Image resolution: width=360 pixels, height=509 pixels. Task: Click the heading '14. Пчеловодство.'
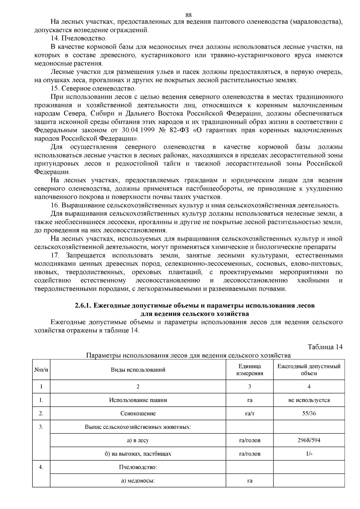[x=79, y=38]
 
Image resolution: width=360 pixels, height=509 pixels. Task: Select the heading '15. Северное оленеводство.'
[x=93, y=89]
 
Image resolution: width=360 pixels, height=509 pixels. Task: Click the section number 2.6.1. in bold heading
[x=83, y=306]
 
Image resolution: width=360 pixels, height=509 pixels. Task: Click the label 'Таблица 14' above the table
[x=325, y=347]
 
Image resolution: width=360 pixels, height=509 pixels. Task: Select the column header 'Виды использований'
[x=138, y=370]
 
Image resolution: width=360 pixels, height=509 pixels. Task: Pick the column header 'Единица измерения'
[x=250, y=370]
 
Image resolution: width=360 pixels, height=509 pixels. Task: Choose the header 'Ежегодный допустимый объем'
[x=309, y=370]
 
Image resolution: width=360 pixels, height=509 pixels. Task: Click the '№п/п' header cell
[x=41, y=370]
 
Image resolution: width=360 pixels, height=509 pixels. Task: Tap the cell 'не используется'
[x=309, y=400]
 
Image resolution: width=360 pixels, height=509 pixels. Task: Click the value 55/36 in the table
[x=309, y=413]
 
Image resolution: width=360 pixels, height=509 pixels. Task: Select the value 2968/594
[x=309, y=440]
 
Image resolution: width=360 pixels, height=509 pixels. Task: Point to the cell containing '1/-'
[x=309, y=454]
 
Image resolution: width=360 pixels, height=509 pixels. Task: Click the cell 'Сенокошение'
[x=138, y=413]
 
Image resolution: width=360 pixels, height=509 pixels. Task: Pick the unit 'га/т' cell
[x=250, y=413]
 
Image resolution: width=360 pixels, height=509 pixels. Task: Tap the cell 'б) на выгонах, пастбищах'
[x=138, y=454]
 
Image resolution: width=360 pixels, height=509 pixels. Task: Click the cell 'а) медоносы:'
[x=138, y=481]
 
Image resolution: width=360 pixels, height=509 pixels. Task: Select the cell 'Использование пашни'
[x=138, y=400]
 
